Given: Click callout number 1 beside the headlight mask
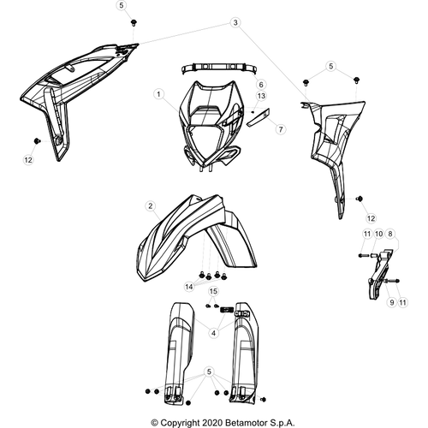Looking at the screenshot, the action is [158, 94].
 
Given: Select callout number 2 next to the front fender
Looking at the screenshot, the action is [151, 205].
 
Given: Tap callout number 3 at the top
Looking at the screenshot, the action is [235, 22].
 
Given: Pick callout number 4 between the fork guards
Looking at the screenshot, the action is [213, 333].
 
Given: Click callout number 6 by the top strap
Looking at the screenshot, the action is [261, 85].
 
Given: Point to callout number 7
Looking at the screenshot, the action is [281, 129].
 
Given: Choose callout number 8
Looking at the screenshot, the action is [390, 234].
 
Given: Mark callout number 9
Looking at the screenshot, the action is [392, 302].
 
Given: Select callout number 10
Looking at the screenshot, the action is [378, 234].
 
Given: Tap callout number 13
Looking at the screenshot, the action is [261, 96].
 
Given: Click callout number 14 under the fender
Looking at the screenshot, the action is [189, 287].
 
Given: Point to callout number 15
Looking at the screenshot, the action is [213, 291].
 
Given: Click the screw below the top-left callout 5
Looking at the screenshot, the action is [133, 22].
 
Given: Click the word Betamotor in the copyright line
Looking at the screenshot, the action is [247, 423].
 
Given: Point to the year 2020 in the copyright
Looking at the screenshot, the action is [212, 423].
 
